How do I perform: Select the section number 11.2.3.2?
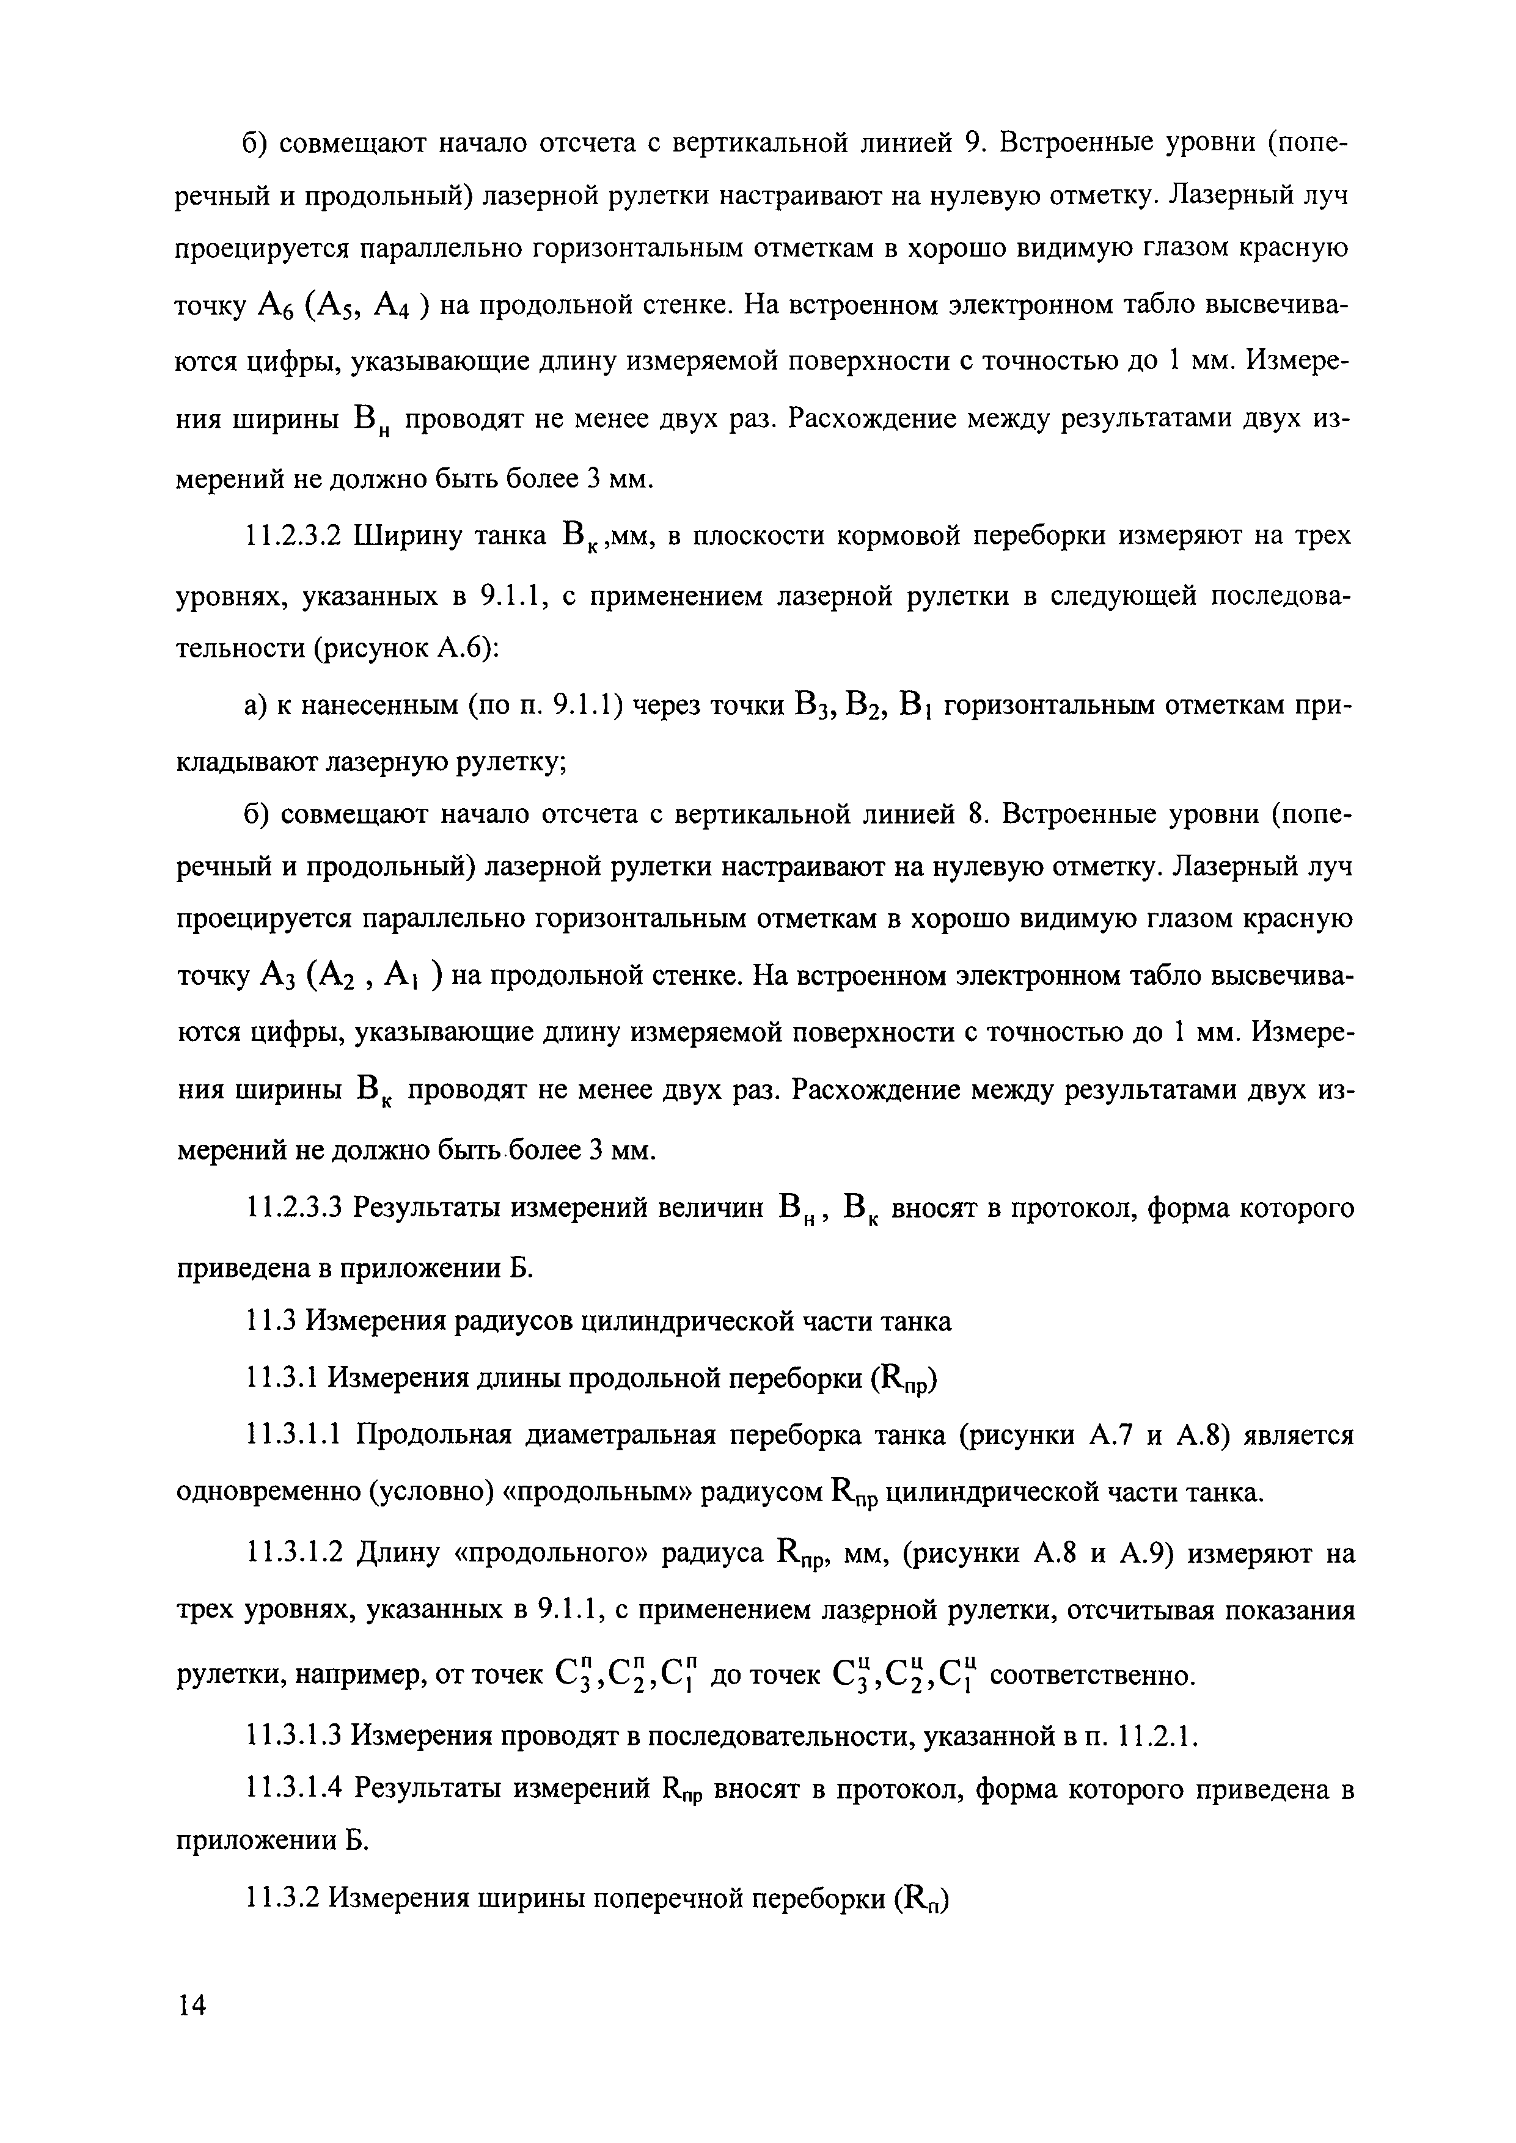296,537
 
